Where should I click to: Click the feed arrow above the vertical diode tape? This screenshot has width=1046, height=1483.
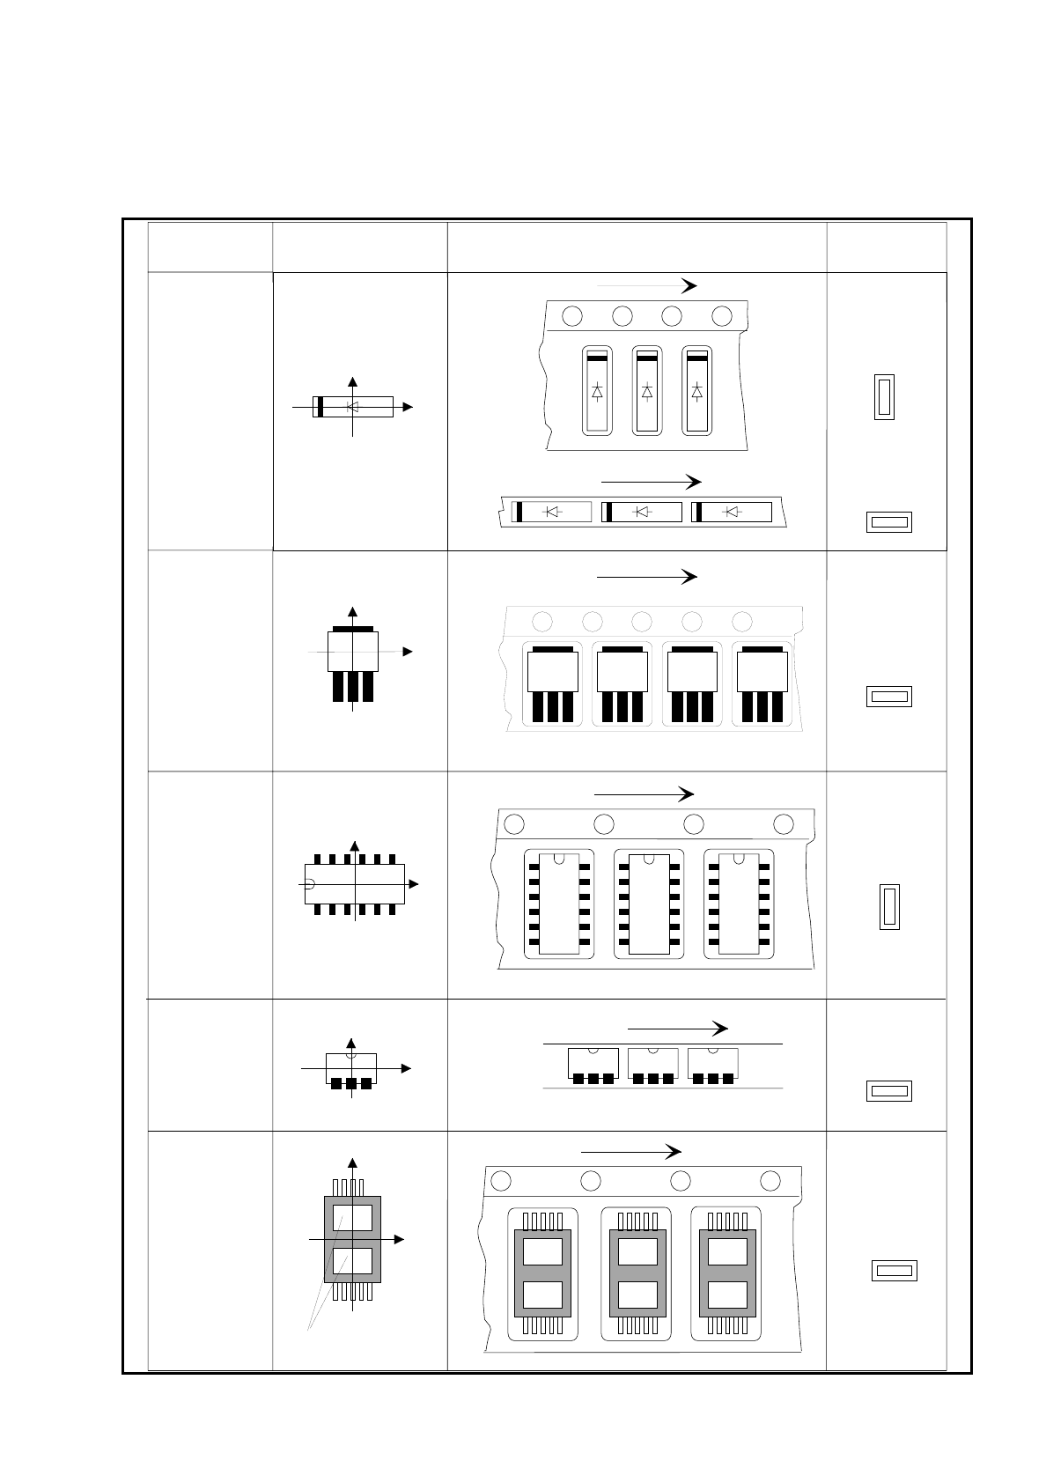646,285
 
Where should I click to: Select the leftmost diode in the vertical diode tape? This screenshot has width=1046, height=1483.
597,391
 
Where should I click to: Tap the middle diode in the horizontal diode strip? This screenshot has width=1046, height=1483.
642,512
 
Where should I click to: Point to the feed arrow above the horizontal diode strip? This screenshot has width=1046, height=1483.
651,482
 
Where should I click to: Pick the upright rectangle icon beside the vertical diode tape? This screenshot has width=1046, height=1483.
884,396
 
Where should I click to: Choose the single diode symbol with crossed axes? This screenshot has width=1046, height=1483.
353,407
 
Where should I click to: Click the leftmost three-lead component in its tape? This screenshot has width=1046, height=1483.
553,682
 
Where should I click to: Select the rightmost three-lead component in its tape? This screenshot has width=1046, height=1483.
762,682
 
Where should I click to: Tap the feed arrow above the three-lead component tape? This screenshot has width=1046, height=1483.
646,577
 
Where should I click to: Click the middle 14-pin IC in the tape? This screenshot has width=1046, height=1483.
648,903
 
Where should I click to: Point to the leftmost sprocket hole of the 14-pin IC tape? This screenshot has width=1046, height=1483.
514,824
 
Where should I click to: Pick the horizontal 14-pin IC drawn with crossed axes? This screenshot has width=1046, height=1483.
355,883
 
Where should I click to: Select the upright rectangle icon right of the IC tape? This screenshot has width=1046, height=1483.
889,907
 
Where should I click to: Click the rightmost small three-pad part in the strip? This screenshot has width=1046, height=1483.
712,1065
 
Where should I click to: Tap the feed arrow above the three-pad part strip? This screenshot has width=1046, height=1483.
677,1029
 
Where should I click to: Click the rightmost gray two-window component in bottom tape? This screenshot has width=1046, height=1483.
727,1273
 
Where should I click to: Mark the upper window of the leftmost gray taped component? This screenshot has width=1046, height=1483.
542,1251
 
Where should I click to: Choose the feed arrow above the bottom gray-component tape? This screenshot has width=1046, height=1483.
630,1152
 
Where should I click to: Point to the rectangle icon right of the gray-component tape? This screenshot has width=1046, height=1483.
894,1271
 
